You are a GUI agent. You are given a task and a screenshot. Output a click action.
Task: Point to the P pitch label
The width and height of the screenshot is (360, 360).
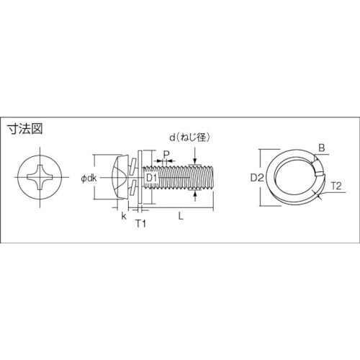click(x=166, y=153)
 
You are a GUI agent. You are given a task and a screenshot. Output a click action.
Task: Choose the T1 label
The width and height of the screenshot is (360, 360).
click(x=142, y=224)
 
